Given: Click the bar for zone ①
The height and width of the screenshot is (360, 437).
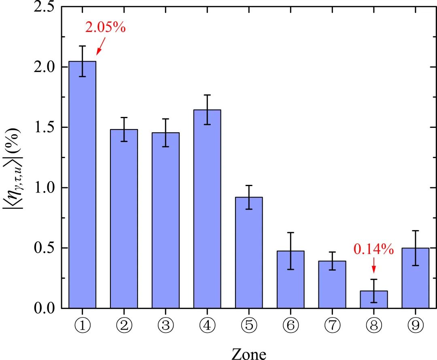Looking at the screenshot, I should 82,186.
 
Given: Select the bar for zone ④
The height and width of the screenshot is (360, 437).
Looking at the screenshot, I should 207,210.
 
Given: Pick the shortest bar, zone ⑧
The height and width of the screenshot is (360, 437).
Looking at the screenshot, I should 374,300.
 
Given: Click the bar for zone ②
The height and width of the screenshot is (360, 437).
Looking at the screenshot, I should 124,218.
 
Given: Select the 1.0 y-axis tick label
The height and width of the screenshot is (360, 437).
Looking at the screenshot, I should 45,188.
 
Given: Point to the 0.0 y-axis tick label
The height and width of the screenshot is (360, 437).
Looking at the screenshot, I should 45,308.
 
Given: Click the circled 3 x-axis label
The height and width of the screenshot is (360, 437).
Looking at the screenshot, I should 165,325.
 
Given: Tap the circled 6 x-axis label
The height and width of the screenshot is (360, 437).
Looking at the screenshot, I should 291,325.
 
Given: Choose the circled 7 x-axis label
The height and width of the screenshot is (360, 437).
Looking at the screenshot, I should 332,325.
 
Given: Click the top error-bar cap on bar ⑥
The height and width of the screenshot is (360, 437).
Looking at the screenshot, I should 291,233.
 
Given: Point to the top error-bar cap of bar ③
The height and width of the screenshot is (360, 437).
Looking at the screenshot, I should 165,119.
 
